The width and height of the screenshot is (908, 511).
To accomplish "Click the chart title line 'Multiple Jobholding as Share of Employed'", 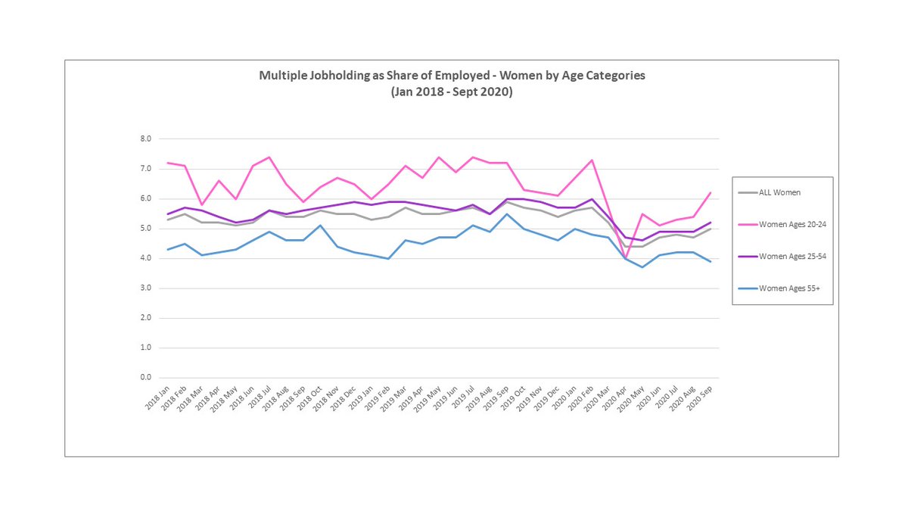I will point(452,76).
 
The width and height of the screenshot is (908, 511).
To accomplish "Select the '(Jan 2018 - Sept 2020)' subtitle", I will point(452,91).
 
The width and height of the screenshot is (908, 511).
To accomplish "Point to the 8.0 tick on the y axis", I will point(145,139).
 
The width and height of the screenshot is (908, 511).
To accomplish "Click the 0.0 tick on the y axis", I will point(145,377).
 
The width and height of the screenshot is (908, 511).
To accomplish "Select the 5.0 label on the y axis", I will point(145,229).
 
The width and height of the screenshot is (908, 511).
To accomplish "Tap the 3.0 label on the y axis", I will point(145,288).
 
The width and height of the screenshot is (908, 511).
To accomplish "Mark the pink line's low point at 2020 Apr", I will point(626,258).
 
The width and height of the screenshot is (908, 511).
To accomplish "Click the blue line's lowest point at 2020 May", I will point(642,267).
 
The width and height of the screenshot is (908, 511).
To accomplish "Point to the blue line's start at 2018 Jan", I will point(167,250).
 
